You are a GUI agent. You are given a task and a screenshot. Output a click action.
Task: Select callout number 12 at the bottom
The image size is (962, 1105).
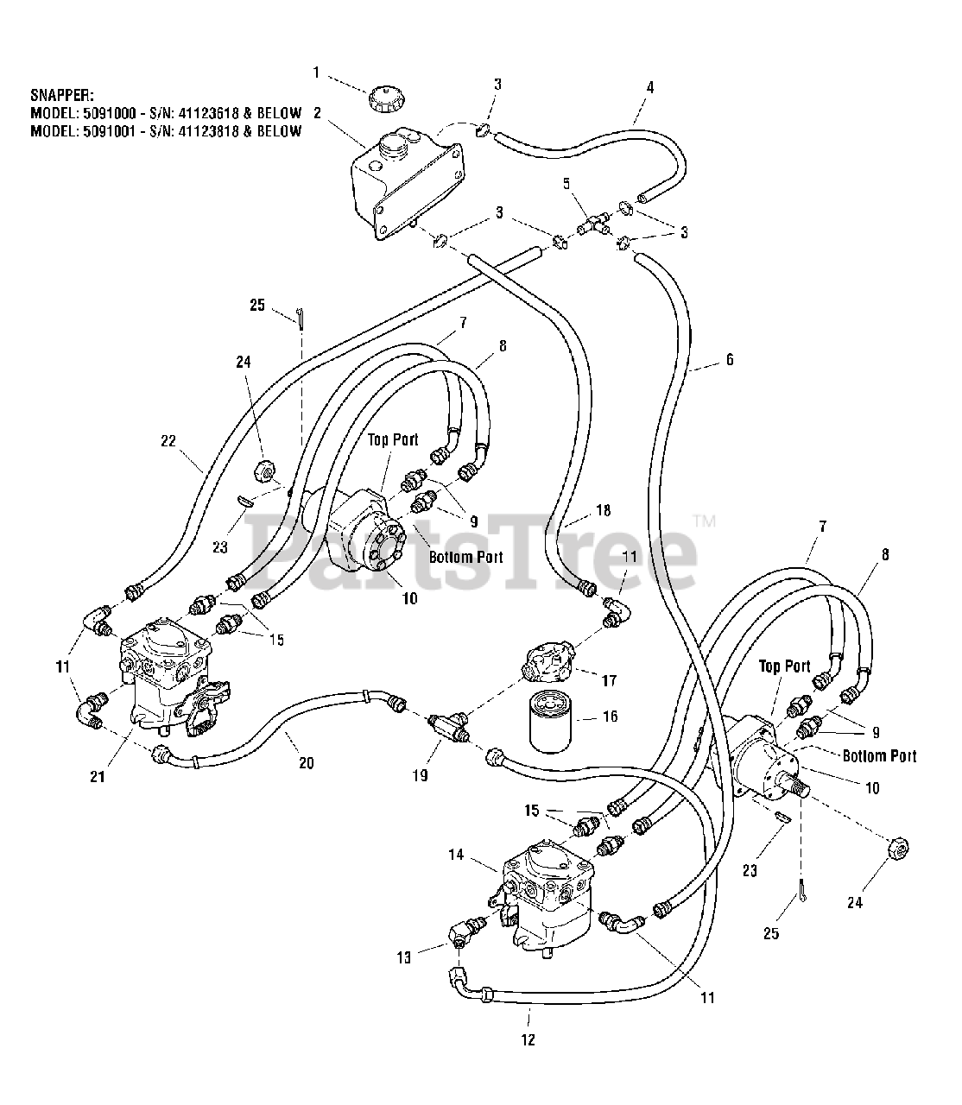(528, 1039)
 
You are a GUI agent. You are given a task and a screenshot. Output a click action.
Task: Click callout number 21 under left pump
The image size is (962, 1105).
(98, 776)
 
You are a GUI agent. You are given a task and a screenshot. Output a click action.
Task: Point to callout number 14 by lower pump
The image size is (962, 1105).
(480, 855)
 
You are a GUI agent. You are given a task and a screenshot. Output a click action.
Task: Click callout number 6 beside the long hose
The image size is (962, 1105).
(730, 359)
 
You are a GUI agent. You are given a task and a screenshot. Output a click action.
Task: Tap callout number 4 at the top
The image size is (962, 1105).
(650, 86)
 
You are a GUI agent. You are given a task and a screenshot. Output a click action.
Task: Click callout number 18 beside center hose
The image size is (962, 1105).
(603, 510)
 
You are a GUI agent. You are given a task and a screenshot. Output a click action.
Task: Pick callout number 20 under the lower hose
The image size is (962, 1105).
(307, 762)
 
